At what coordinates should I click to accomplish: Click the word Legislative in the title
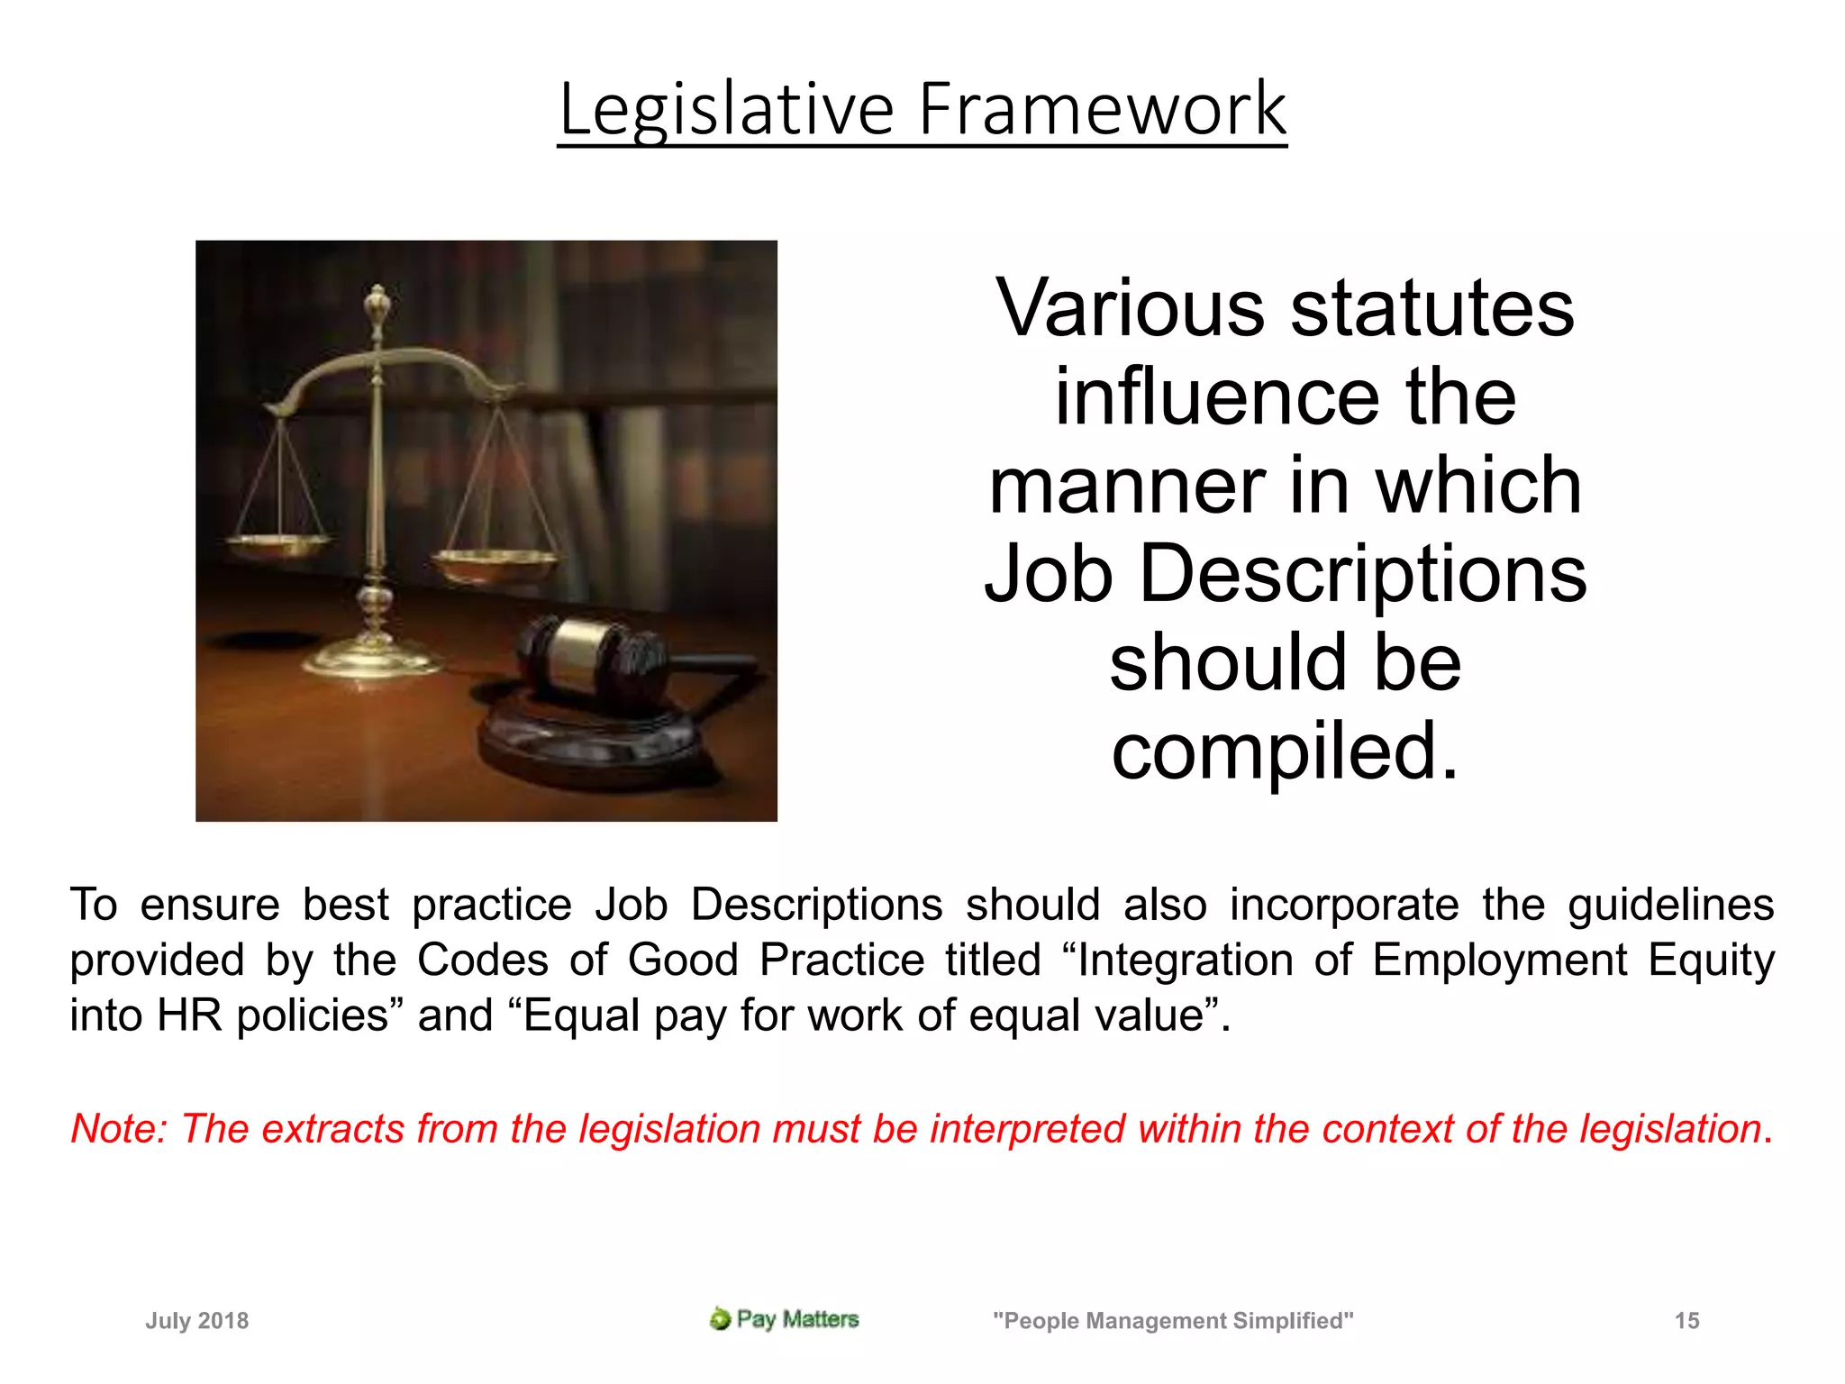point(726,110)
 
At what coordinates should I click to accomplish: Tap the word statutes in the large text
point(1432,308)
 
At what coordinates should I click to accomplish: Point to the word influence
point(1217,396)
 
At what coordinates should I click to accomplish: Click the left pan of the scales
point(278,543)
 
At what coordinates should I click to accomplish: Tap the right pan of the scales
point(494,563)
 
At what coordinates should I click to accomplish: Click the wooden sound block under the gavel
point(595,743)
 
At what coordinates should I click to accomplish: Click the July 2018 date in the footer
point(197,1321)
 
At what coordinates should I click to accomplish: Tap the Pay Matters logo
point(784,1319)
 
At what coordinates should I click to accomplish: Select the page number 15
point(1686,1321)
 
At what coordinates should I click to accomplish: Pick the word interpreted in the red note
point(1027,1129)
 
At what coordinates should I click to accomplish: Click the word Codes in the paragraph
point(482,960)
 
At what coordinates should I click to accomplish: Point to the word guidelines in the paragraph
point(1670,905)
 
